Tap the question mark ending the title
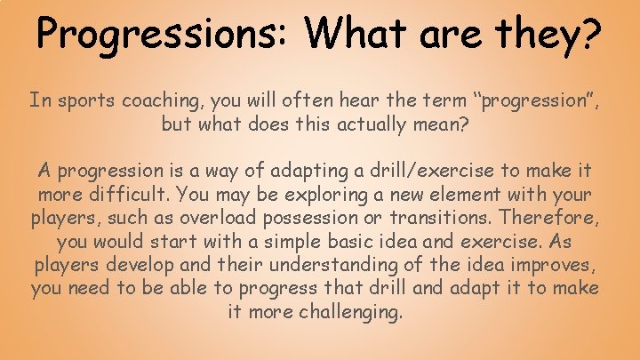click(589, 34)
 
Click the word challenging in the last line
click(352, 312)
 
